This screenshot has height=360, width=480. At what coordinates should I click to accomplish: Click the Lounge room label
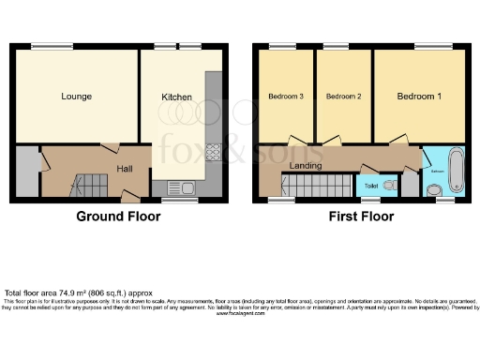(x=76, y=97)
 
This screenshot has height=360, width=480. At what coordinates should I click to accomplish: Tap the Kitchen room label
(x=176, y=97)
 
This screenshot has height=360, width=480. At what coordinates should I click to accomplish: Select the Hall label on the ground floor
(x=124, y=168)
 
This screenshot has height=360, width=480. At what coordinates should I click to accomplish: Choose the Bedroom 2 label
(x=343, y=97)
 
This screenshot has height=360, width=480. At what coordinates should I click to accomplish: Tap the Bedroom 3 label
(x=286, y=97)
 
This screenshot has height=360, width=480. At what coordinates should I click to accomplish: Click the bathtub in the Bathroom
(x=456, y=168)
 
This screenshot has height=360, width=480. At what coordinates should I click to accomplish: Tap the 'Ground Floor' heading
(x=118, y=217)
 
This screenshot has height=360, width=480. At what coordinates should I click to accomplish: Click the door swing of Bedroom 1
(x=400, y=140)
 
